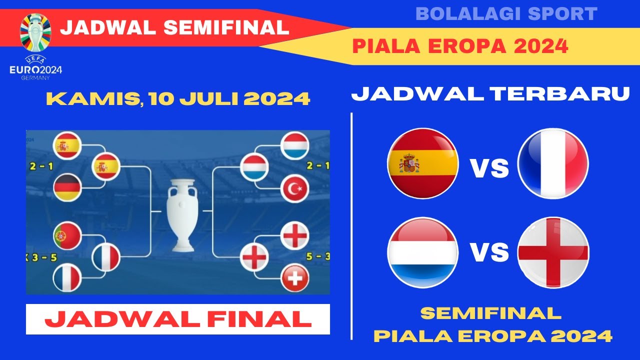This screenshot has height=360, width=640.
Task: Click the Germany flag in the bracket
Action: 67,188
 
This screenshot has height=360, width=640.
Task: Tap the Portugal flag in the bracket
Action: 67,235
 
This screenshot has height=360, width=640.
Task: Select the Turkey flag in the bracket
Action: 295,189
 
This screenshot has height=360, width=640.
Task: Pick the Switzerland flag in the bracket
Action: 295,278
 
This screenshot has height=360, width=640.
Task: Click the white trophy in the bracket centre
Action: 181,215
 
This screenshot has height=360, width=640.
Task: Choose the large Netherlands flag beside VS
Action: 423,252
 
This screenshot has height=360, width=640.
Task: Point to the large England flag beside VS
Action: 553,252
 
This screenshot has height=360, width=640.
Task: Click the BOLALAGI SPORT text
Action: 506,14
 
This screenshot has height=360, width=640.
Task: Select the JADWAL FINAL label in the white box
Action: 178,319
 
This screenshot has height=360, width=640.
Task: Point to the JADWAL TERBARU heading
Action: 490,94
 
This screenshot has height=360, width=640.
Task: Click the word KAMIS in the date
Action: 92,98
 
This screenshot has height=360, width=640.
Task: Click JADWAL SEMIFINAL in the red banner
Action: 174,27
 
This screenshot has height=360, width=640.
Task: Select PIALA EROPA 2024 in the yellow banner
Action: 460,46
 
